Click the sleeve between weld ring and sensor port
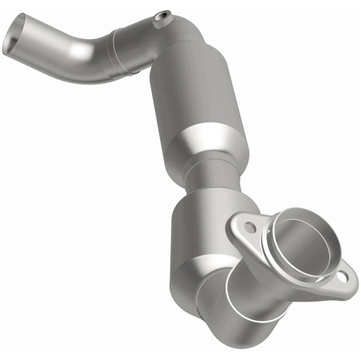coord(135,45)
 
